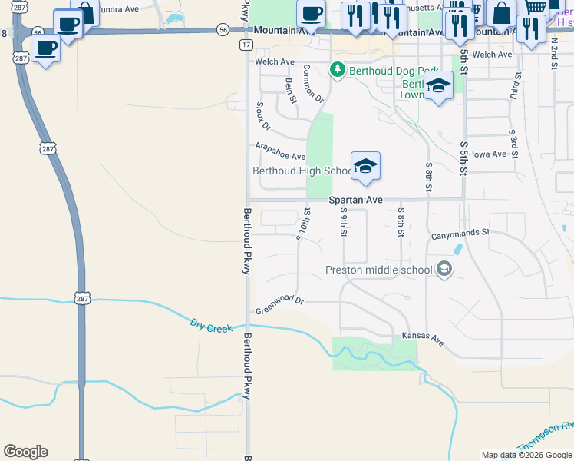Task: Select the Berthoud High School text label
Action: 302,171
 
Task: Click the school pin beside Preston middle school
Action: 444,270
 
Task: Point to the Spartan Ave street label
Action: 355,200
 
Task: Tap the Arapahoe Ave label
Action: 280,151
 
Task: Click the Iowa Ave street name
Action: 490,154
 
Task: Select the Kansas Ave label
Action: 424,338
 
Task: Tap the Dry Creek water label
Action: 211,327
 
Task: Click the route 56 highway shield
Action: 223,29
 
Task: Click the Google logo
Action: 25,452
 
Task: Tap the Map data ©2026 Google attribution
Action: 526,455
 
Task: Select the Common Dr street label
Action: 313,84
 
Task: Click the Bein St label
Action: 291,90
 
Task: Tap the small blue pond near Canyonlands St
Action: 458,250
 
